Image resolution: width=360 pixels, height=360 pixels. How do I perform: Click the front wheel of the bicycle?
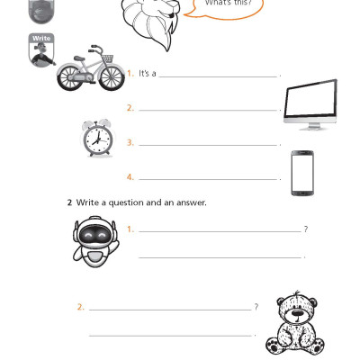(x=109, y=78)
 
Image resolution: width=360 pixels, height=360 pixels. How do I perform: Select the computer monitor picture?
(x=310, y=104)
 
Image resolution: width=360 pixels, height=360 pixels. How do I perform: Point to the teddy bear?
(x=296, y=322)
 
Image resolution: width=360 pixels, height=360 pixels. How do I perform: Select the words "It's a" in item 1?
(x=148, y=74)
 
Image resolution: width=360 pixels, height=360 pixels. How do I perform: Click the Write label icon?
(x=41, y=50)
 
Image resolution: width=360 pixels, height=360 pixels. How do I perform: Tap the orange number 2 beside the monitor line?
(x=130, y=108)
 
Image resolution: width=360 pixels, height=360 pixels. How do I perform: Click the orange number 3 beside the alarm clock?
(x=130, y=142)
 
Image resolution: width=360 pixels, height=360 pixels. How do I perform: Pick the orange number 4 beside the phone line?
(x=130, y=176)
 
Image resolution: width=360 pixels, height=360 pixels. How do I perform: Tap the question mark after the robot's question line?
(x=306, y=229)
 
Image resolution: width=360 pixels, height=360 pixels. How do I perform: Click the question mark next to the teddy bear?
(x=256, y=307)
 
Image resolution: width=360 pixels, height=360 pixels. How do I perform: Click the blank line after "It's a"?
(x=218, y=76)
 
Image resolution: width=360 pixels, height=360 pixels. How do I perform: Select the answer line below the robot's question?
(x=220, y=257)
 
